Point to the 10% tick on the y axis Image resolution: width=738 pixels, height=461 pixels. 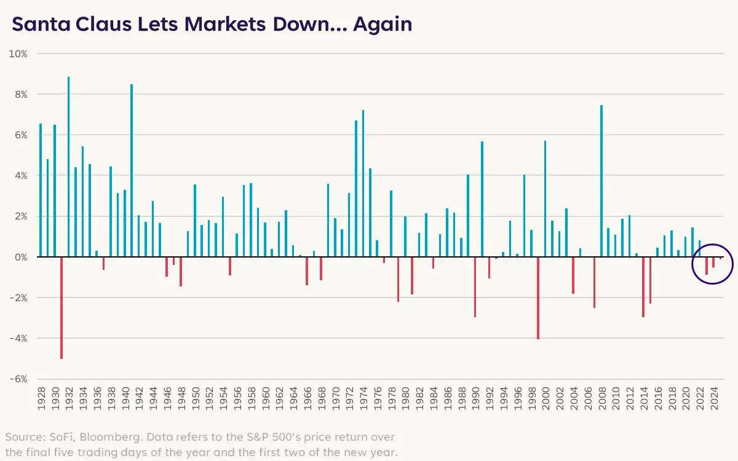(18, 53)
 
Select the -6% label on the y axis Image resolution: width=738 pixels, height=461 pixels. (18, 379)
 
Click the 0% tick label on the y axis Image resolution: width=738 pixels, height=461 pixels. (20, 257)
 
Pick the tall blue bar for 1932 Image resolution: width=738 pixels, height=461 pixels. (68, 166)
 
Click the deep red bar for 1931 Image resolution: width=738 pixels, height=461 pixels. (61, 307)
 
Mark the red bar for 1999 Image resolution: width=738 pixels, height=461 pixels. (538, 297)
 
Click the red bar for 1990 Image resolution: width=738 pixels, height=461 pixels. (475, 286)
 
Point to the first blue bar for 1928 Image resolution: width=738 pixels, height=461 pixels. (41, 190)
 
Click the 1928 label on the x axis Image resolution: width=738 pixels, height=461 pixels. (41, 400)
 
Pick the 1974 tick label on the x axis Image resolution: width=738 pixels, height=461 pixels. (363, 400)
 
